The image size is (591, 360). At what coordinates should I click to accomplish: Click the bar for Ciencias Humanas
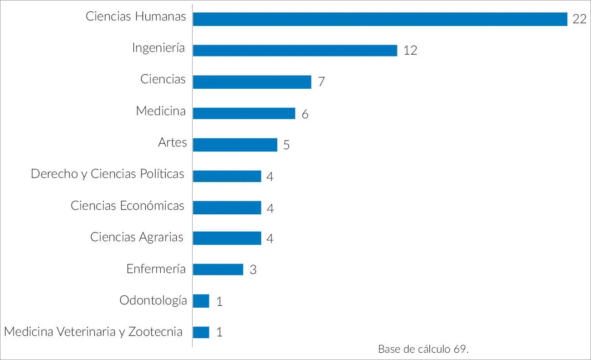(x=380, y=19)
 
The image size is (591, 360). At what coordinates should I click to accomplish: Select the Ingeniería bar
(x=295, y=50)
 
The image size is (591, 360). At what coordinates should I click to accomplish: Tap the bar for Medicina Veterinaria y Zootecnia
(x=201, y=332)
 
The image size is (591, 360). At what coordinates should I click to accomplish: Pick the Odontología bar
(x=201, y=301)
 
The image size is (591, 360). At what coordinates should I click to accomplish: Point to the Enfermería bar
(x=218, y=269)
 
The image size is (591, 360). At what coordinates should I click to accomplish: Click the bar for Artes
(x=235, y=145)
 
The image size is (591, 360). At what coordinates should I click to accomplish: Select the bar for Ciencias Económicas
(x=227, y=208)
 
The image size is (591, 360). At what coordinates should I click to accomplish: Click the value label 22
(x=579, y=20)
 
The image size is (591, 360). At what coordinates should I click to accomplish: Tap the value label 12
(x=410, y=51)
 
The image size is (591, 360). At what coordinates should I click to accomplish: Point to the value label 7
(x=321, y=82)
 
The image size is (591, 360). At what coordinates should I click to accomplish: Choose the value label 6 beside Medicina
(x=305, y=114)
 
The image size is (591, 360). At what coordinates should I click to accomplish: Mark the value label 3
(x=253, y=270)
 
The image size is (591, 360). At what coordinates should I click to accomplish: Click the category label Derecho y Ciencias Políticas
(x=107, y=174)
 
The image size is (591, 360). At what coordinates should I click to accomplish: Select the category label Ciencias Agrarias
(x=137, y=237)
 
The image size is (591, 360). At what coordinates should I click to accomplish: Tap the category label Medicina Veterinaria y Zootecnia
(x=93, y=331)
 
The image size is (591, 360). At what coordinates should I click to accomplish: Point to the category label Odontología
(x=153, y=300)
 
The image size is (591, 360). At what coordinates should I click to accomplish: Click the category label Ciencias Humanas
(x=136, y=17)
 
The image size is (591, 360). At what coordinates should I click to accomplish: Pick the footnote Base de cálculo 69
(x=423, y=349)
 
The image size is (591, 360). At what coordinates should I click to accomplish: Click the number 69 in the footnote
(x=460, y=349)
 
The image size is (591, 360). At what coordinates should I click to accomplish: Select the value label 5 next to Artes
(x=286, y=145)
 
